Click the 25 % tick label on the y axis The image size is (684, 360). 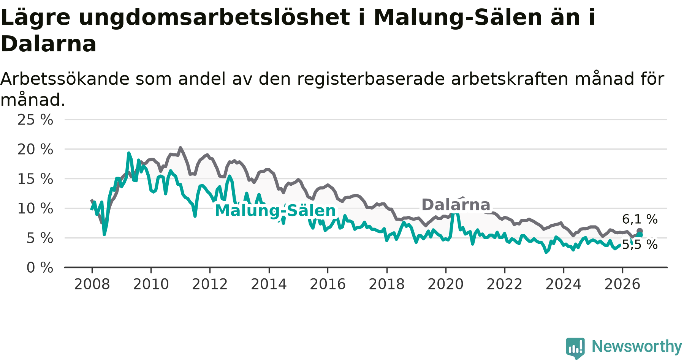tap(35, 120)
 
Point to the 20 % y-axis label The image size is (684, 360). tap(35, 150)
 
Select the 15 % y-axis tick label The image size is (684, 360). tap(35, 179)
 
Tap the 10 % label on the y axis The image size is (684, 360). tap(35, 208)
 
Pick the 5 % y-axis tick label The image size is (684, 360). tap(40, 238)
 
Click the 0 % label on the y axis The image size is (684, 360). tap(40, 268)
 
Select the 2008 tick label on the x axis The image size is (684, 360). tap(92, 284)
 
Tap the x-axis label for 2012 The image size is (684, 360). tap(210, 284)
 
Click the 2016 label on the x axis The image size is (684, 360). tap(328, 284)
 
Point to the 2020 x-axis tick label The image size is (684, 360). tap(446, 284)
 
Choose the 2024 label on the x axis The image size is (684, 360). tap(564, 284)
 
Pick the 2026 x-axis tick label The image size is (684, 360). tap(622, 284)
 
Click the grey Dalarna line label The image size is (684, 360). tap(456, 205)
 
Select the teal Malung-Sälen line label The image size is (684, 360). tap(275, 211)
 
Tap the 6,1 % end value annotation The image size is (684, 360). tap(640, 219)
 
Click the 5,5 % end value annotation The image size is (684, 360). tap(640, 245)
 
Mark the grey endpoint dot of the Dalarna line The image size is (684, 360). tap(640, 231)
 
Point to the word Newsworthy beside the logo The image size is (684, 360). tap(637, 346)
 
